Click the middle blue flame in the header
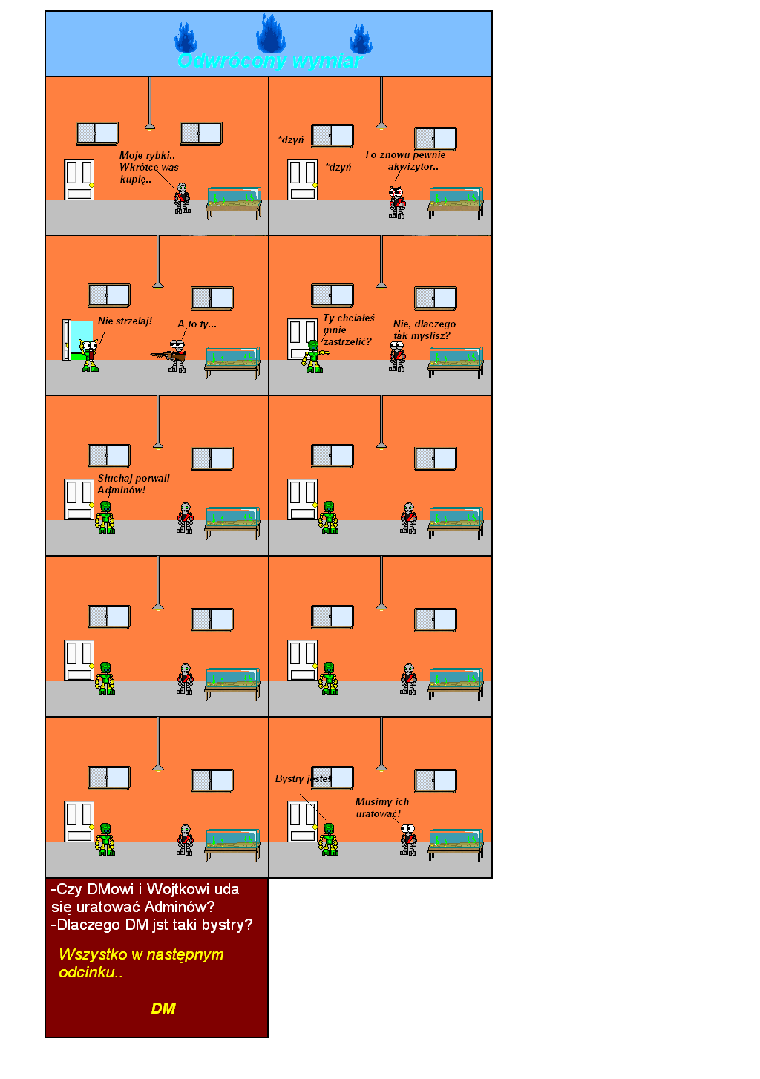pos(270,34)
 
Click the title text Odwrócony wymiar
pos(269,61)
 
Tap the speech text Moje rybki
pos(148,167)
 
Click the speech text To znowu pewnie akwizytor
pos(405,160)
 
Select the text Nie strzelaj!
pos(125,321)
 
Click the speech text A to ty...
pos(197,324)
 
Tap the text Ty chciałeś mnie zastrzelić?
pos(348,329)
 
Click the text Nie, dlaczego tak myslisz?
pos(424,329)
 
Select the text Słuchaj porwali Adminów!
pos(133,484)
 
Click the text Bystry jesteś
pos(303,778)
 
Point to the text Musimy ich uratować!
pos(381,807)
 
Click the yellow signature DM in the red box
pos(163,1008)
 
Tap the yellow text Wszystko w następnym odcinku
pos(141,962)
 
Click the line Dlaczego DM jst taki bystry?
pos(152,925)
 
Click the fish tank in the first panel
pos(234,196)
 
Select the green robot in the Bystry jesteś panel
pos(329,839)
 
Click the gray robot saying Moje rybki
pos(182,198)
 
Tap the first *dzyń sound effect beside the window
pos(291,140)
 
